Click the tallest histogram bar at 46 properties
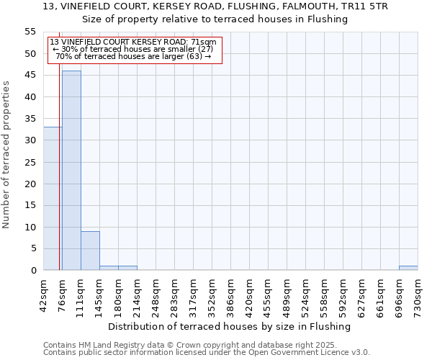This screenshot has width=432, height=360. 71,171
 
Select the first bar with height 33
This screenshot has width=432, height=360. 52,199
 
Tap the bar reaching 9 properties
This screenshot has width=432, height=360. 90,251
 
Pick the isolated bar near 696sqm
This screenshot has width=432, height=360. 408,268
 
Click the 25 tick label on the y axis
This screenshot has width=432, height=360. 30,162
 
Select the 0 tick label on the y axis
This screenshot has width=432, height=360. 33,271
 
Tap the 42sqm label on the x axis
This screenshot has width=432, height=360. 44,294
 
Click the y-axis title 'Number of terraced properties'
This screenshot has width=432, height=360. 6,154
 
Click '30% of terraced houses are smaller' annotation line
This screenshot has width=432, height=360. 133,49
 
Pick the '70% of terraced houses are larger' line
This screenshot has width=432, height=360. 133,56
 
